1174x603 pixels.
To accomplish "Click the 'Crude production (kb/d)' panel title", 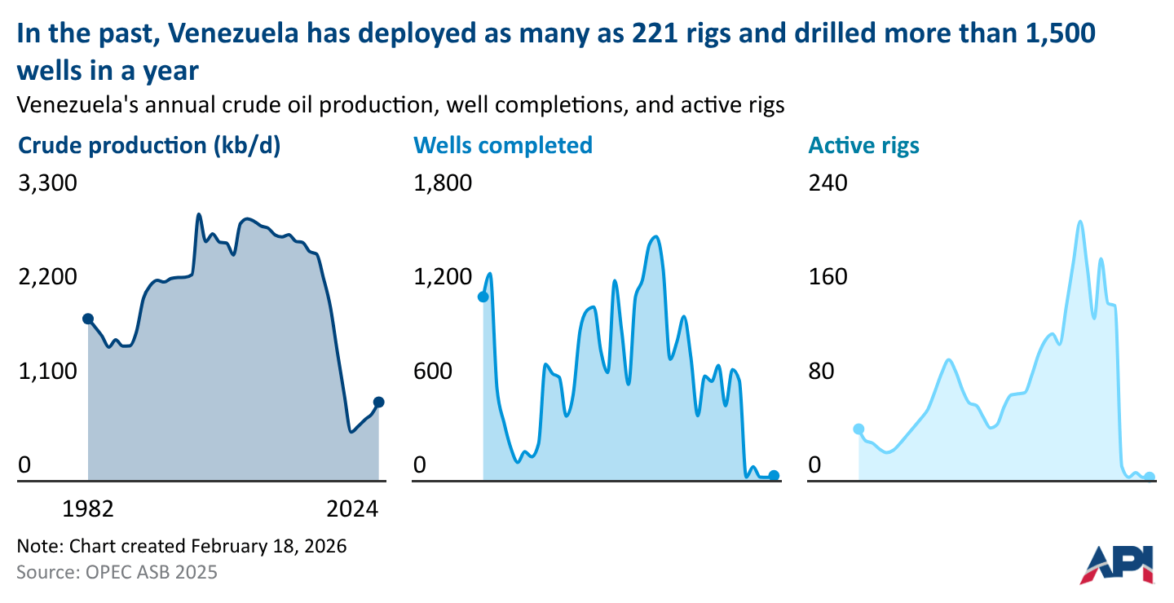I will [148, 146].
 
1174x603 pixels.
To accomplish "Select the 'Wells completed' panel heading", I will [503, 146].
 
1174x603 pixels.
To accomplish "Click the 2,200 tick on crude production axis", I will [47, 277].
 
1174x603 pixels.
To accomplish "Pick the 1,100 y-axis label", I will [47, 372].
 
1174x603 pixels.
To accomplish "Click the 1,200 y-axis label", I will [443, 277].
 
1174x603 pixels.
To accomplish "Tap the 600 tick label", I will [432, 372].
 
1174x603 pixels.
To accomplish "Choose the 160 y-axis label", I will [828, 277].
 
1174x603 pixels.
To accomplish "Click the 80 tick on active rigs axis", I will [822, 372].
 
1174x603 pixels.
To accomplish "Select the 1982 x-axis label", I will [88, 509].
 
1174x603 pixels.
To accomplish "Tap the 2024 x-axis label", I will [354, 509].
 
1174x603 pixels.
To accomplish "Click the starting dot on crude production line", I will [88, 319].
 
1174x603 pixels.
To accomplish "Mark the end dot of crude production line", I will [378, 402].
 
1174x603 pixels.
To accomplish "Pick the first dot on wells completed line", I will [483, 297].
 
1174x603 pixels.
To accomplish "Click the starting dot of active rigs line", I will [858, 429].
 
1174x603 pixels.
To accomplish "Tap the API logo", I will [1122, 564].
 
